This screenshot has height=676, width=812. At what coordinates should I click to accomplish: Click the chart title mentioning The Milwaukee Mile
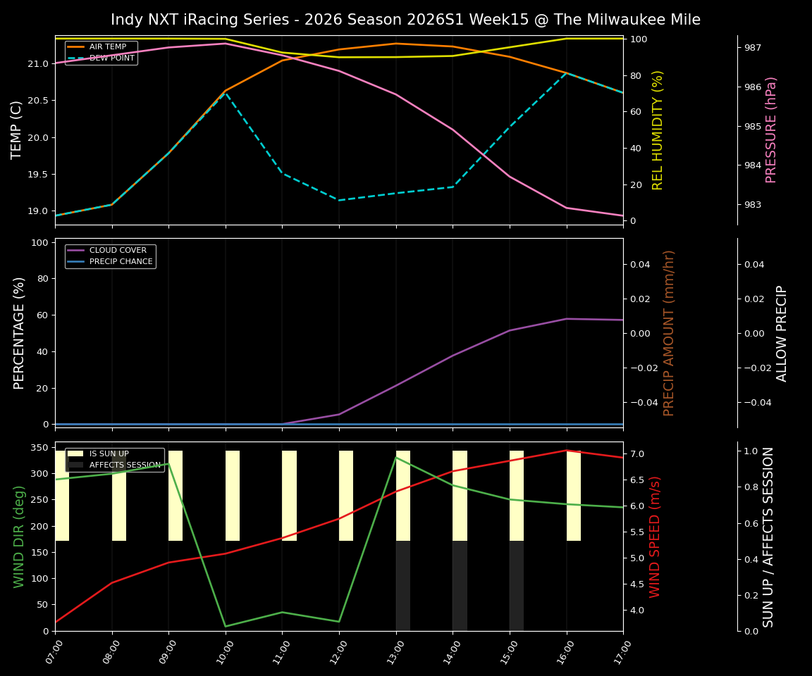405,20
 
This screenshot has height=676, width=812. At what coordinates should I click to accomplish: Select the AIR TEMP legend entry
107,47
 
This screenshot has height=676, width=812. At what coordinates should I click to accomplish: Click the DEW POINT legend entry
111,58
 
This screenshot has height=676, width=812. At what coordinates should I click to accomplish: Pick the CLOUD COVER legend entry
118,251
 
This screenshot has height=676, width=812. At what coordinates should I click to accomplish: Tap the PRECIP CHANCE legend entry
121,262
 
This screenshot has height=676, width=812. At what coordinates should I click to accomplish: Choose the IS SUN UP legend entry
109,454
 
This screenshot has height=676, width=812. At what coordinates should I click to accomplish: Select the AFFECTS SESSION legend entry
125,465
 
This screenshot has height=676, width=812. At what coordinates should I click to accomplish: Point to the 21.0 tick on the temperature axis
37,64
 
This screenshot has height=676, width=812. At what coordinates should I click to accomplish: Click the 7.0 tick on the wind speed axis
636,454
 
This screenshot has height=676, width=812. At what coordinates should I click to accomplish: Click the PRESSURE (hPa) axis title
772,130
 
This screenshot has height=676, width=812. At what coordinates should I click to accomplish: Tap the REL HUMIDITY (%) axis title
658,130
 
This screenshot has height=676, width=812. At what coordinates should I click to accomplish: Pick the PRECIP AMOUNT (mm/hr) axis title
669,332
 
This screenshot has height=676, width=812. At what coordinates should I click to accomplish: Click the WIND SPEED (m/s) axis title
656,537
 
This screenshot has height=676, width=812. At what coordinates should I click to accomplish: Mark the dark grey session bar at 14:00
460,586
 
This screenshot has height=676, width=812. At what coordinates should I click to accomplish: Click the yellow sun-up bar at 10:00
233,496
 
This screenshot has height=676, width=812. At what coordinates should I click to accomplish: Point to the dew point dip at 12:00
339,200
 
